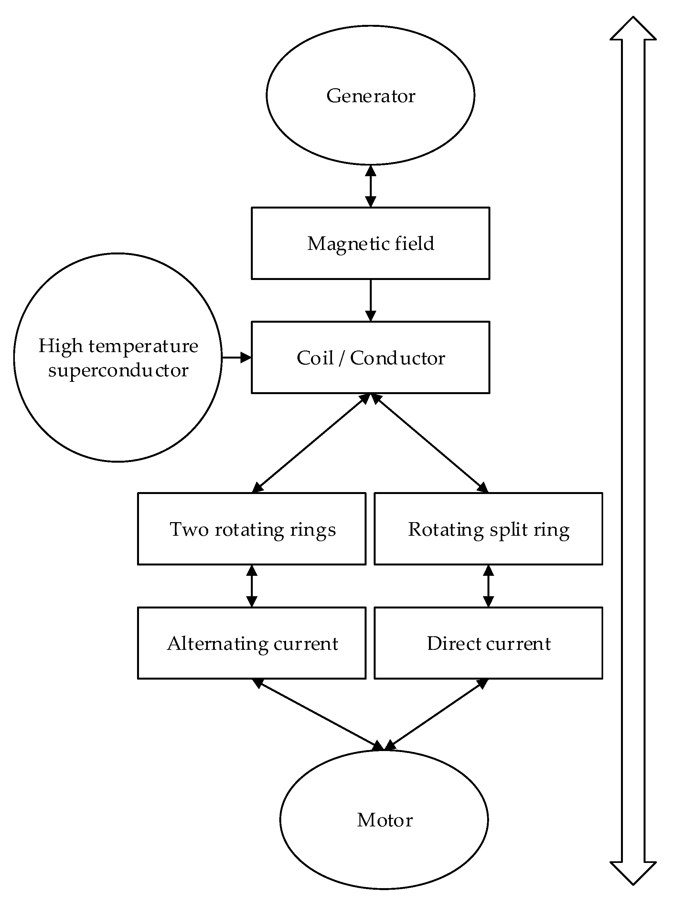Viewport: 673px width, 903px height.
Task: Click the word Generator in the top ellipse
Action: click(371, 96)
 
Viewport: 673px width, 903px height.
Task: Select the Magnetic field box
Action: click(370, 243)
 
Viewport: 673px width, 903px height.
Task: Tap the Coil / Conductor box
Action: click(370, 357)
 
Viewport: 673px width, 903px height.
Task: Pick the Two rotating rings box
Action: click(252, 529)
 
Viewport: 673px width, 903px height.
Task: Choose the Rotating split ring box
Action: click(488, 529)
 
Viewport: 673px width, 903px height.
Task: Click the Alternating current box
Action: click(252, 643)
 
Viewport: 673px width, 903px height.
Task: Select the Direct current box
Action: click(488, 643)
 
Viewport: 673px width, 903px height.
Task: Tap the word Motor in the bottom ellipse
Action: click(385, 820)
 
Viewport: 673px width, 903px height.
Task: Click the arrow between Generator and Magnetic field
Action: click(370, 186)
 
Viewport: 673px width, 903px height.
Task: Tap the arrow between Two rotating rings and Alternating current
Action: click(252, 586)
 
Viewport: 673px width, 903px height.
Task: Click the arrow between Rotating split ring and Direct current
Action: click(488, 586)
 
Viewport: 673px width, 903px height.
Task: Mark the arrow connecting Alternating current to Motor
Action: click(318, 714)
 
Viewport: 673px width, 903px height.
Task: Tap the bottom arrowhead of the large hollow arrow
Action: click(633, 872)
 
